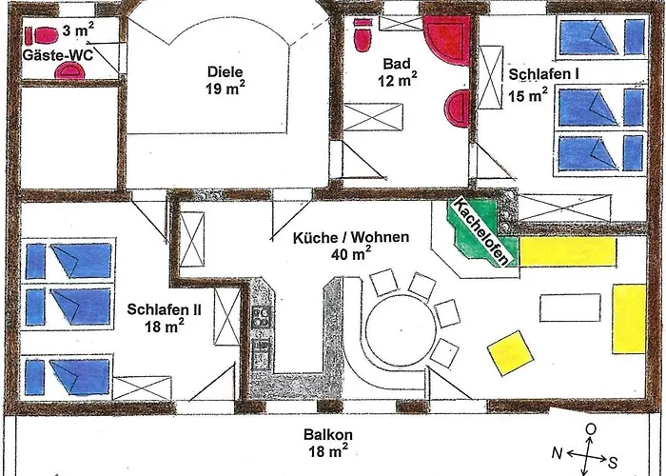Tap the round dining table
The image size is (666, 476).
point(401,330)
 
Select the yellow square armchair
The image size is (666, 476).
point(510,353)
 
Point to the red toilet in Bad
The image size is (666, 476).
point(362,34)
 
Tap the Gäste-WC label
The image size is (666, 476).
point(57,55)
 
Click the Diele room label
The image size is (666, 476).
point(225,71)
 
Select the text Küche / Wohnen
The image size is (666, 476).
point(351,237)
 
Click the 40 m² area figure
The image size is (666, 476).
point(351,253)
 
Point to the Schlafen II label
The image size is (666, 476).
point(164,309)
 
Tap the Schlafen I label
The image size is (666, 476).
point(543,74)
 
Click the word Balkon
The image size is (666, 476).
point(328,435)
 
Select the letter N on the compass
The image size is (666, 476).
point(558,454)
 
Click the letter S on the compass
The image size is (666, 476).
point(613,462)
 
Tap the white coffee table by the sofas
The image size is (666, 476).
point(570,307)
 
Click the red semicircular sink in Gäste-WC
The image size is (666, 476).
point(69,70)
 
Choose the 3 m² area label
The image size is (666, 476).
point(78,30)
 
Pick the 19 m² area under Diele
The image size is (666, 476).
point(225,89)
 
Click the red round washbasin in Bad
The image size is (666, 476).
point(458,109)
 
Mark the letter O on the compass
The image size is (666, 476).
point(591,429)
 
